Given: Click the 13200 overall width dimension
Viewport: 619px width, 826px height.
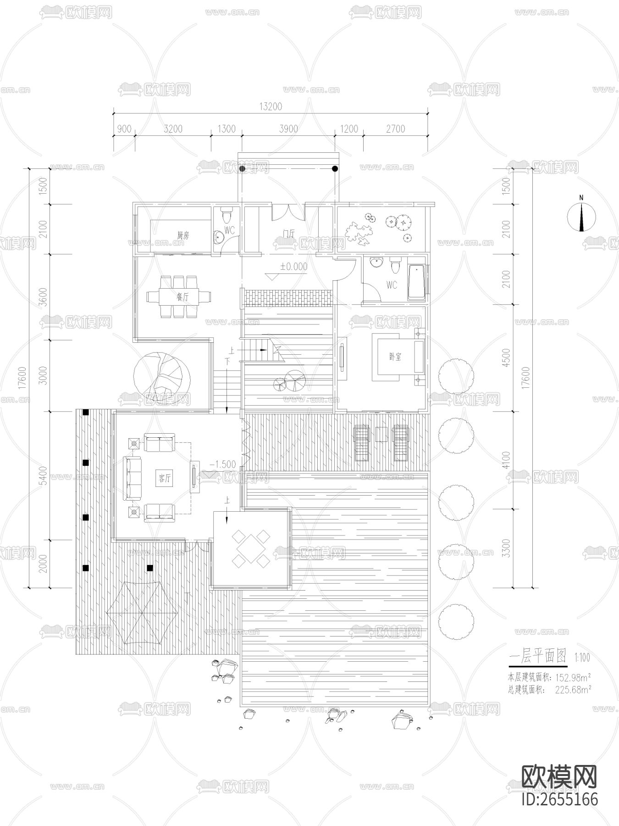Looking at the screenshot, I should tap(271, 106).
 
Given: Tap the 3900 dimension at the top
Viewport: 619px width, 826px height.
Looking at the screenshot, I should tap(288, 129).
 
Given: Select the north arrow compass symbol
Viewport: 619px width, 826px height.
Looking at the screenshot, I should tap(581, 216).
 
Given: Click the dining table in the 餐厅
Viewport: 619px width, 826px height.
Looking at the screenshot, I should tap(178, 296).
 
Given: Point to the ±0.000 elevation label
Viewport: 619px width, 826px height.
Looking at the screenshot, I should tap(294, 267).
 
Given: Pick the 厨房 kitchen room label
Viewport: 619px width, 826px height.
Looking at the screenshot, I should tap(182, 236).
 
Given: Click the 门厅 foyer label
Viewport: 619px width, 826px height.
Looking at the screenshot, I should tap(289, 234).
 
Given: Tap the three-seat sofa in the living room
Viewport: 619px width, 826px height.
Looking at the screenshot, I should tap(132, 479).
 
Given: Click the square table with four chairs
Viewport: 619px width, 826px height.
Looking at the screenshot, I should tap(251, 547).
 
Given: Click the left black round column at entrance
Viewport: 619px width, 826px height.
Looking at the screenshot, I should tap(242, 169).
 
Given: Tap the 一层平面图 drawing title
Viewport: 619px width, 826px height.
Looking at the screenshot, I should tap(538, 657).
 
